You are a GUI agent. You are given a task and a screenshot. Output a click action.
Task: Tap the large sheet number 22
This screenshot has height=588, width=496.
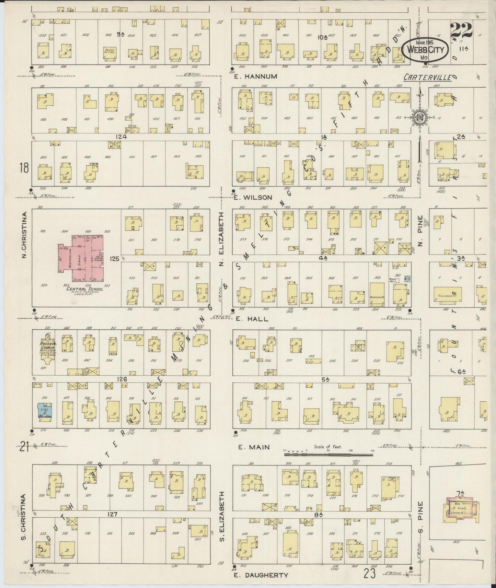[x=461, y=31]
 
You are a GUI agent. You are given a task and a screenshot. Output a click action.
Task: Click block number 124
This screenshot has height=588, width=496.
[x=121, y=137]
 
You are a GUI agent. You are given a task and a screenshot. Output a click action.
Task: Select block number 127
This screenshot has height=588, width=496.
[x=113, y=514]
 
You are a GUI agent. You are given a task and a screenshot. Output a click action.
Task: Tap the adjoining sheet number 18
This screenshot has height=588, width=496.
[x=24, y=168]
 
